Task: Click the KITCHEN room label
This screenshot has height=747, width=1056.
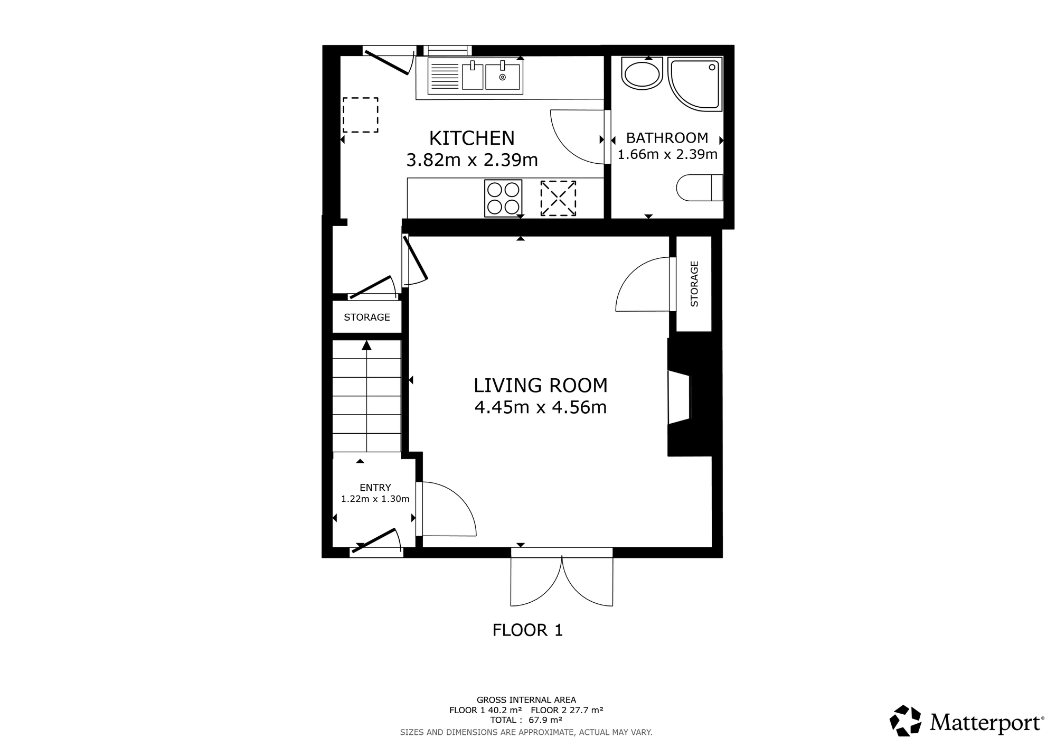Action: [x=472, y=138]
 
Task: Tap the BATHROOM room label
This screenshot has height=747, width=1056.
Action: [x=667, y=138]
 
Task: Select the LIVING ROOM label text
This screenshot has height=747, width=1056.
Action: [x=540, y=385]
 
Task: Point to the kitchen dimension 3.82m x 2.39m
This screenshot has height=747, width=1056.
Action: [x=472, y=160]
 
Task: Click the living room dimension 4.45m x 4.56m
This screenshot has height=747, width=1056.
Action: [x=540, y=407]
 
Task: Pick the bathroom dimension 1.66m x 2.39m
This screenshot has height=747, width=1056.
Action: [x=667, y=154]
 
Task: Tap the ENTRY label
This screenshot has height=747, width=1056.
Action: [x=375, y=488]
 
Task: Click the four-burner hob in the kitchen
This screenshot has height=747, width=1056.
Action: [x=503, y=198]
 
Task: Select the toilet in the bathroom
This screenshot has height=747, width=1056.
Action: [x=700, y=188]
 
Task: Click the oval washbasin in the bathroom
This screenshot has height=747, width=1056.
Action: [x=642, y=73]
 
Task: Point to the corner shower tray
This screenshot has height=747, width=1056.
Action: [x=695, y=84]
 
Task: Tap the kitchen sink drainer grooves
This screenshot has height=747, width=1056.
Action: [x=445, y=76]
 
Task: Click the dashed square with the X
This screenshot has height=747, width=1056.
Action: [x=558, y=198]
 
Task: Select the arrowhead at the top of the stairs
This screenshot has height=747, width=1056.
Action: [x=366, y=346]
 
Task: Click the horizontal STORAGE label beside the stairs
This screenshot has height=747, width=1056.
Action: [x=367, y=317]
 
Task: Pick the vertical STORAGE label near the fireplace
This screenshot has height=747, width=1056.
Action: [x=694, y=284]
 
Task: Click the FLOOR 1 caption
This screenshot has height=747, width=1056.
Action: [x=527, y=630]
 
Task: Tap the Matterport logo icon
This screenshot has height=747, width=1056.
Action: [x=906, y=721]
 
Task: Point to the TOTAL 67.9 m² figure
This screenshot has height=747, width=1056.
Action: [x=526, y=720]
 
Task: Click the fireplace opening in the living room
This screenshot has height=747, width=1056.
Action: [x=679, y=397]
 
